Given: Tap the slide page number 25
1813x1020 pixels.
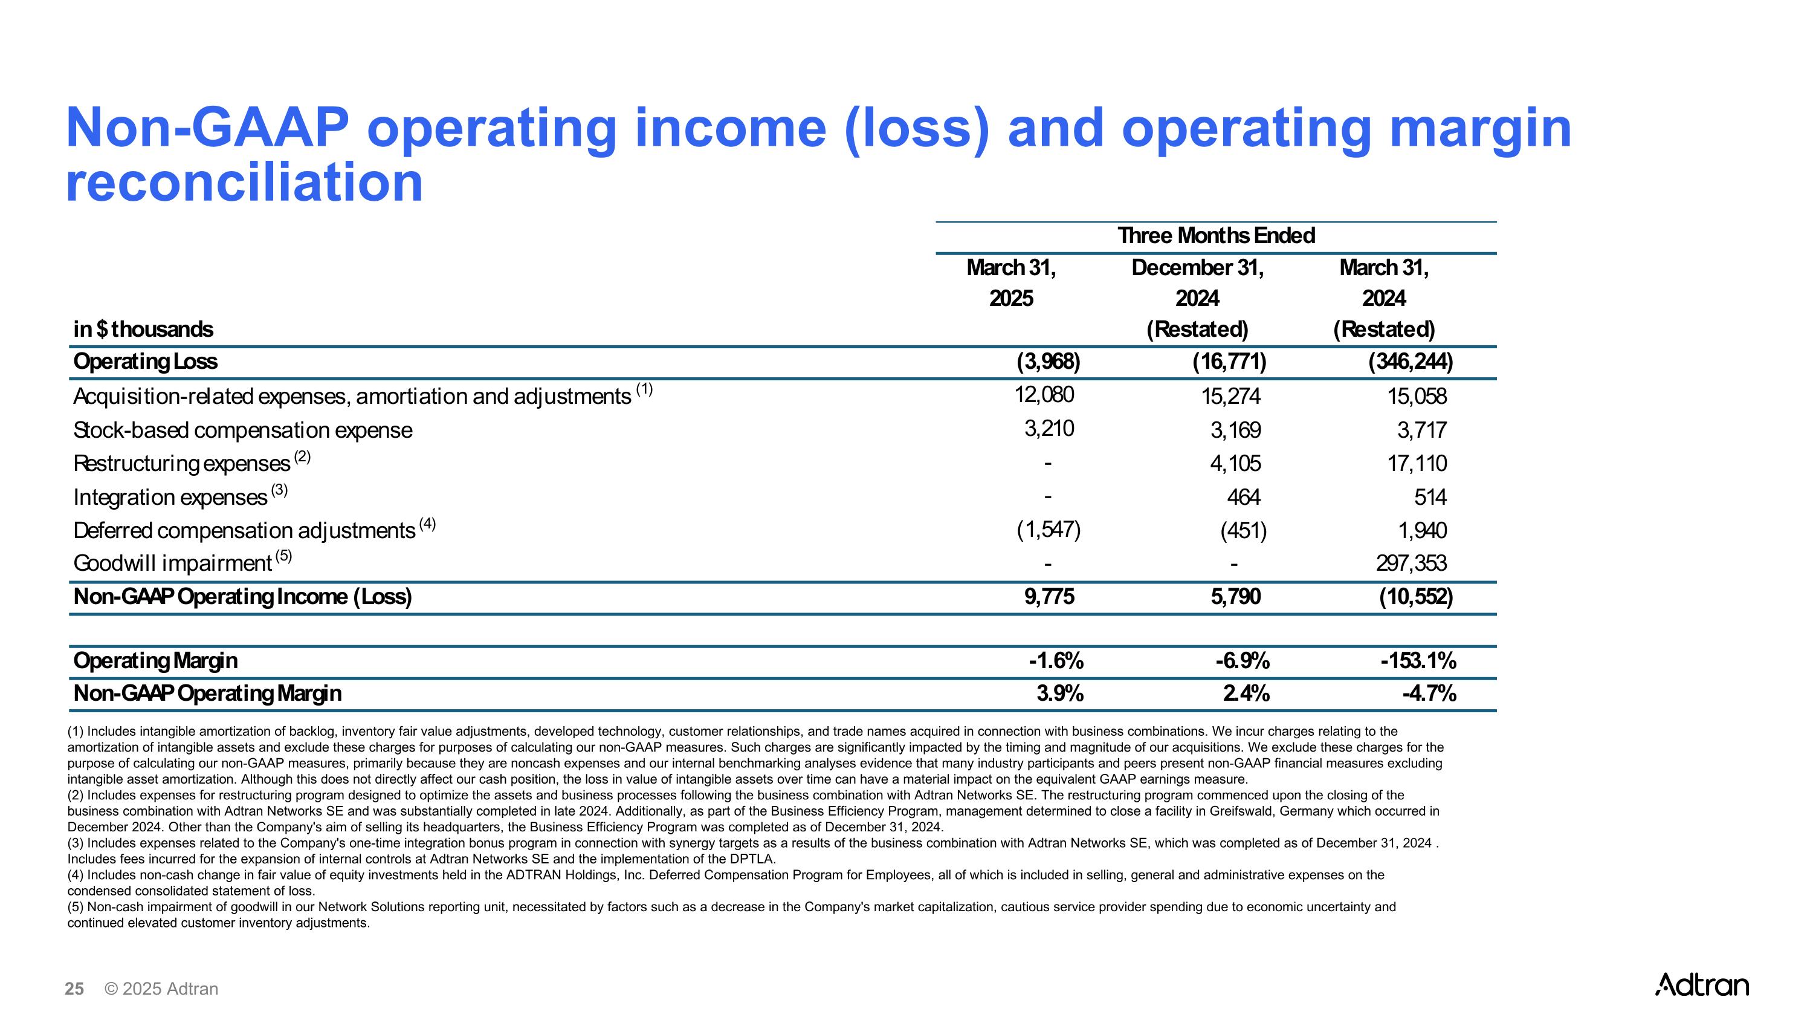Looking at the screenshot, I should click(74, 989).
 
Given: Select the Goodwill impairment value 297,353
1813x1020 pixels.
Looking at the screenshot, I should click(1411, 563).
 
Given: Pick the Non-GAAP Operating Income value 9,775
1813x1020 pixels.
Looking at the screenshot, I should click(1049, 597).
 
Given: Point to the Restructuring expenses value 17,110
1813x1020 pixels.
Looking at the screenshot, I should click(1417, 463).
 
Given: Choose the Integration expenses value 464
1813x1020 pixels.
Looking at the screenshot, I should click(1244, 497).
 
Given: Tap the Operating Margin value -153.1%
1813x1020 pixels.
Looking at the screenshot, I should click(1418, 661).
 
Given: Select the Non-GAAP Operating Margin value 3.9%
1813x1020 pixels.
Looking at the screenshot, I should click(1060, 694).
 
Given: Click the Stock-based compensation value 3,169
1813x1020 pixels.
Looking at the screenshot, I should click(1236, 430).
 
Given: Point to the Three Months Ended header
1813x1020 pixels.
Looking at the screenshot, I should click(1216, 236).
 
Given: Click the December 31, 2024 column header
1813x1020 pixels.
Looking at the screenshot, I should click(1197, 283).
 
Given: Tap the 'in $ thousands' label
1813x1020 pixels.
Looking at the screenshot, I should click(143, 330).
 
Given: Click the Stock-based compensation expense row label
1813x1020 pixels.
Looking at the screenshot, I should click(243, 430).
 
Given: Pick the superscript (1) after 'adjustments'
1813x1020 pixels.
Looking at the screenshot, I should click(644, 389).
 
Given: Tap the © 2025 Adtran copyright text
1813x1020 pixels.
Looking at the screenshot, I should click(161, 989).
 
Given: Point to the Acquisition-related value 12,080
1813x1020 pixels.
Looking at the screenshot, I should click(1044, 395).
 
